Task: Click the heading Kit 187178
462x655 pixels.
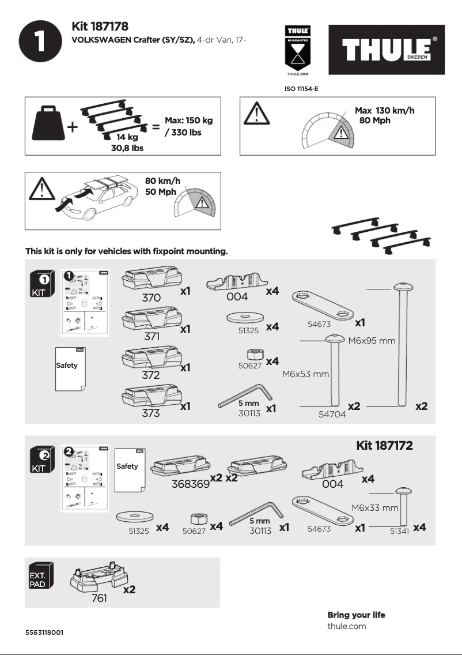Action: click(x=100, y=27)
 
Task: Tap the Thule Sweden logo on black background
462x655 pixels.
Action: click(x=387, y=50)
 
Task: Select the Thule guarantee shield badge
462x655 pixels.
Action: click(x=298, y=50)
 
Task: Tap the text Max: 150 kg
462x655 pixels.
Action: click(x=188, y=121)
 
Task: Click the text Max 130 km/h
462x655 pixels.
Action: click(x=384, y=111)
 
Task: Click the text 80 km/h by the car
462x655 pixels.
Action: click(x=162, y=181)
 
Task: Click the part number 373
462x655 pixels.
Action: click(x=151, y=413)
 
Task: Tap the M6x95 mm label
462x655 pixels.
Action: click(x=372, y=341)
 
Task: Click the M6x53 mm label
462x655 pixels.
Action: click(x=305, y=374)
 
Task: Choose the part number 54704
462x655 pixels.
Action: click(x=332, y=415)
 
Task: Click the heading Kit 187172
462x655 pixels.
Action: click(x=384, y=445)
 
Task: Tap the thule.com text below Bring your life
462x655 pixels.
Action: click(x=346, y=626)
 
